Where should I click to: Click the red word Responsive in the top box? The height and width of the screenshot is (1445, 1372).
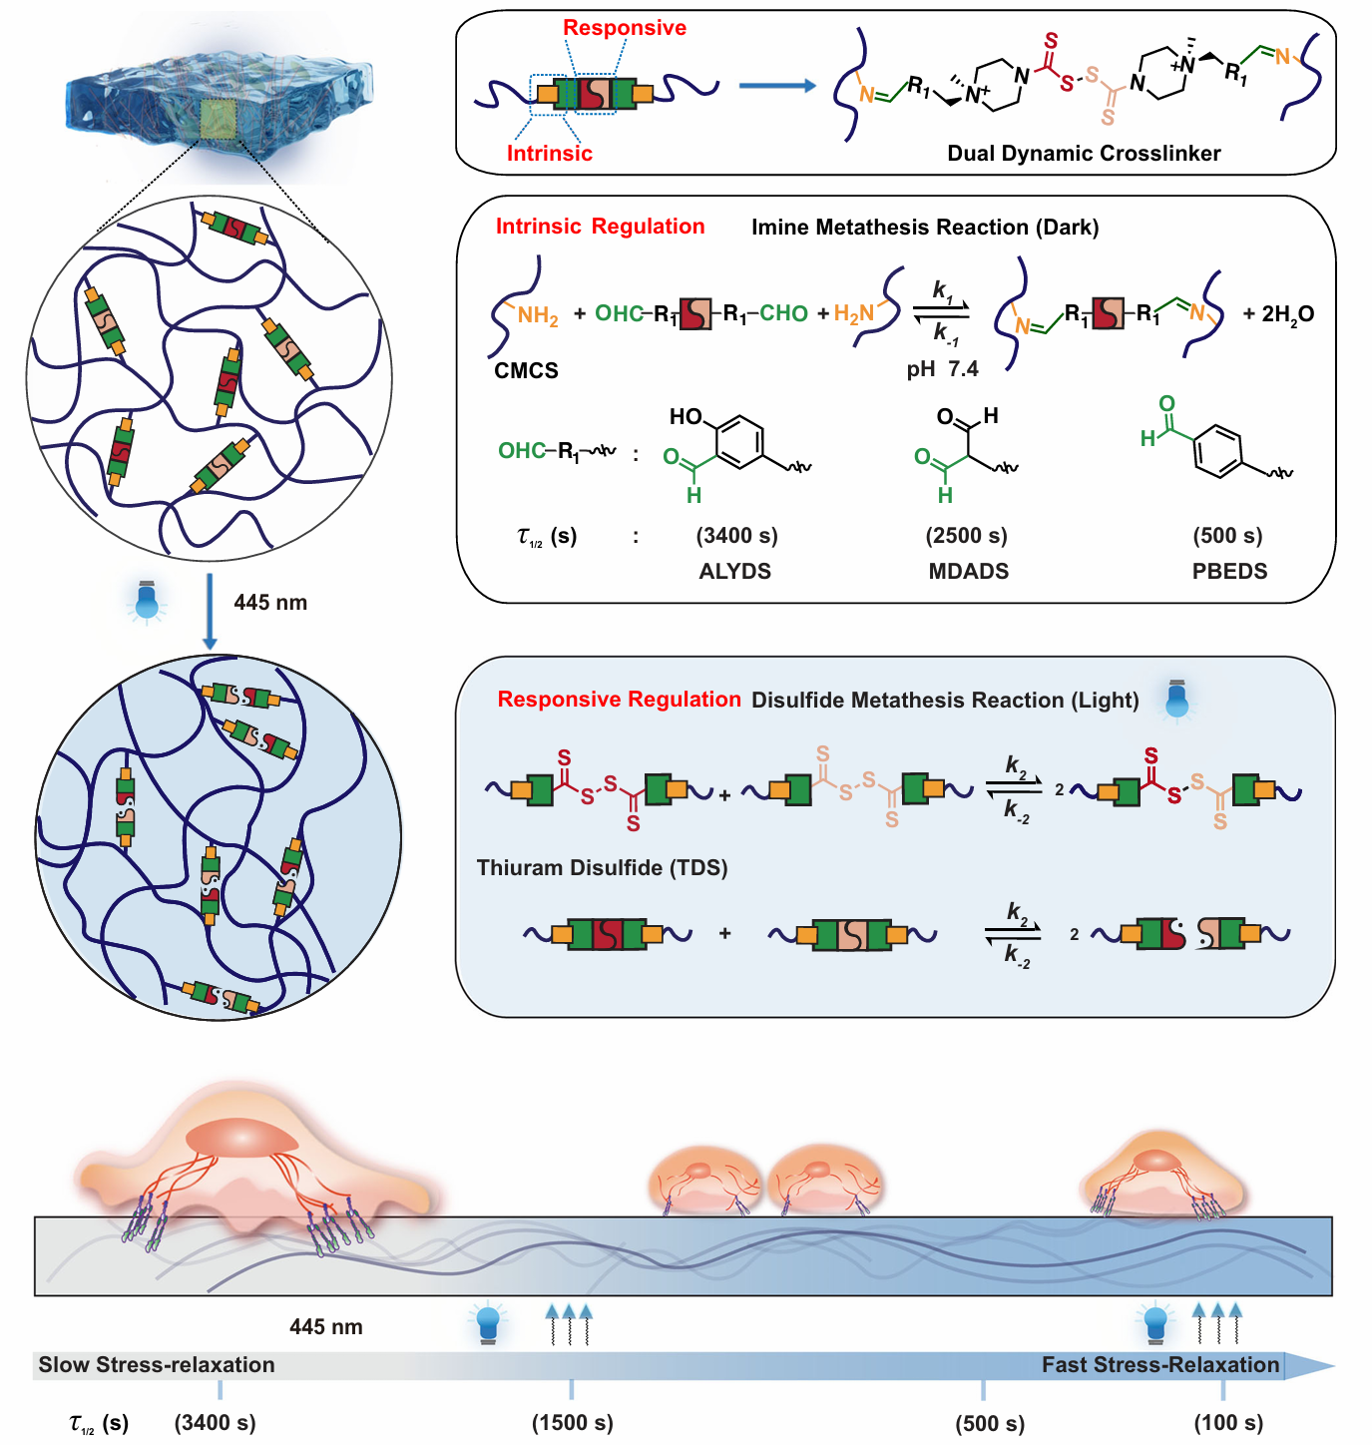[625, 28]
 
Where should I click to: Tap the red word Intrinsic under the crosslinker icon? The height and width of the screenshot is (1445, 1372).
[549, 154]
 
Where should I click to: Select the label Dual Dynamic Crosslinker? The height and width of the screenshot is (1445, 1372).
[1084, 154]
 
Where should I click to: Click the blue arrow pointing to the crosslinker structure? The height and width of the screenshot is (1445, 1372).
[777, 86]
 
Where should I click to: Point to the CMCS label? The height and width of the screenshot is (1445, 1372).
[526, 371]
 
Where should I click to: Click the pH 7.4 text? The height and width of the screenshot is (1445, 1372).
[942, 369]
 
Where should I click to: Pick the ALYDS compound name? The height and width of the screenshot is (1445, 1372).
[735, 572]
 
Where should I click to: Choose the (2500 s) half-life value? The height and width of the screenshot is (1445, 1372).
[966, 536]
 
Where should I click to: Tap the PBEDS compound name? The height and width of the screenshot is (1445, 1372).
[1229, 572]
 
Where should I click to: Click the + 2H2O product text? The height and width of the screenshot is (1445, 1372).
[1278, 314]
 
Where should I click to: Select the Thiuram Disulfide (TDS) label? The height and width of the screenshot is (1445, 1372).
[602, 868]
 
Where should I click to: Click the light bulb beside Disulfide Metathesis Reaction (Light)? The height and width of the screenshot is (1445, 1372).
[1177, 700]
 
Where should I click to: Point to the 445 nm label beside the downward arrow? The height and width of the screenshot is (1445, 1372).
[270, 603]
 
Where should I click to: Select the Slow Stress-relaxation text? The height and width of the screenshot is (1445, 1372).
[157, 1365]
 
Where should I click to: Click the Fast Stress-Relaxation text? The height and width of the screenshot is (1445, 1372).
[1159, 1365]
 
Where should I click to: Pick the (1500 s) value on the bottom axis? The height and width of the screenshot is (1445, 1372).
[572, 1423]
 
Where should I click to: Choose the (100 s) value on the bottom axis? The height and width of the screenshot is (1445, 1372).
[1228, 1423]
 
